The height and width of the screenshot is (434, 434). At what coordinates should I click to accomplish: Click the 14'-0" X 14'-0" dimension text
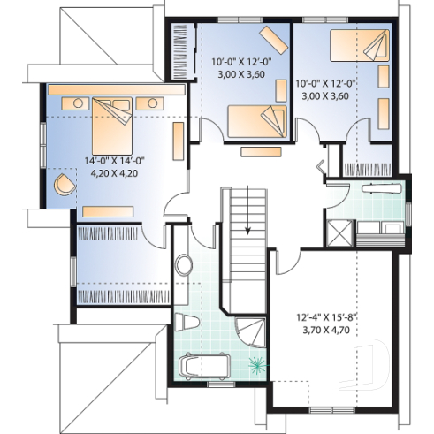tap(115, 161)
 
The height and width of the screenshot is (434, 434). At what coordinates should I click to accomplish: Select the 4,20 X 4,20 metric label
tap(116, 174)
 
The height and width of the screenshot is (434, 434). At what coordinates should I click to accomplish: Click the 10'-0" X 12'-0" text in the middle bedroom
tap(241, 63)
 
